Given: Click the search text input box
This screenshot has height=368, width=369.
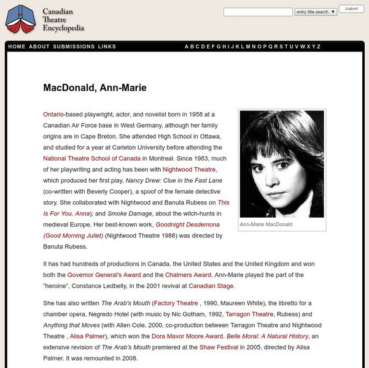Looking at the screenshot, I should pyautogui.click(x=258, y=12).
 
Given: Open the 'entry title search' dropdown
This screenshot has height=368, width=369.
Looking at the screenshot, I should pyautogui.click(x=316, y=12).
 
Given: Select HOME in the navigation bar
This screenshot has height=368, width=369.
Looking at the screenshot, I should pyautogui.click(x=17, y=47).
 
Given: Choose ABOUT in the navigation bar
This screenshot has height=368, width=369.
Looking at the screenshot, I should pyautogui.click(x=39, y=47).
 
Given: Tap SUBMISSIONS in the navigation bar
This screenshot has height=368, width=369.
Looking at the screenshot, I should pyautogui.click(x=74, y=47).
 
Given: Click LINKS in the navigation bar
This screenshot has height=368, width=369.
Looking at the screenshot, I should pyautogui.click(x=107, y=47).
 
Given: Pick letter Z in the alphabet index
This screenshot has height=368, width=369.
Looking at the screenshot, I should pyautogui.click(x=319, y=47).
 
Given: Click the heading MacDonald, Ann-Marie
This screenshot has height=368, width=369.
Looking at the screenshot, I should pyautogui.click(x=95, y=88).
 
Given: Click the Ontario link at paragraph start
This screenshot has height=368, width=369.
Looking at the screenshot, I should pyautogui.click(x=53, y=115).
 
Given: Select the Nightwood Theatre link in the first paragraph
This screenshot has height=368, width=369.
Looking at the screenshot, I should pyautogui.click(x=188, y=169).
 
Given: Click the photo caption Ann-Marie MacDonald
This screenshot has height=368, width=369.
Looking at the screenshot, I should pyautogui.click(x=266, y=224).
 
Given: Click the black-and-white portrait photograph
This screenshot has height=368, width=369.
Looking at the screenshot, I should pyautogui.click(x=282, y=164).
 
